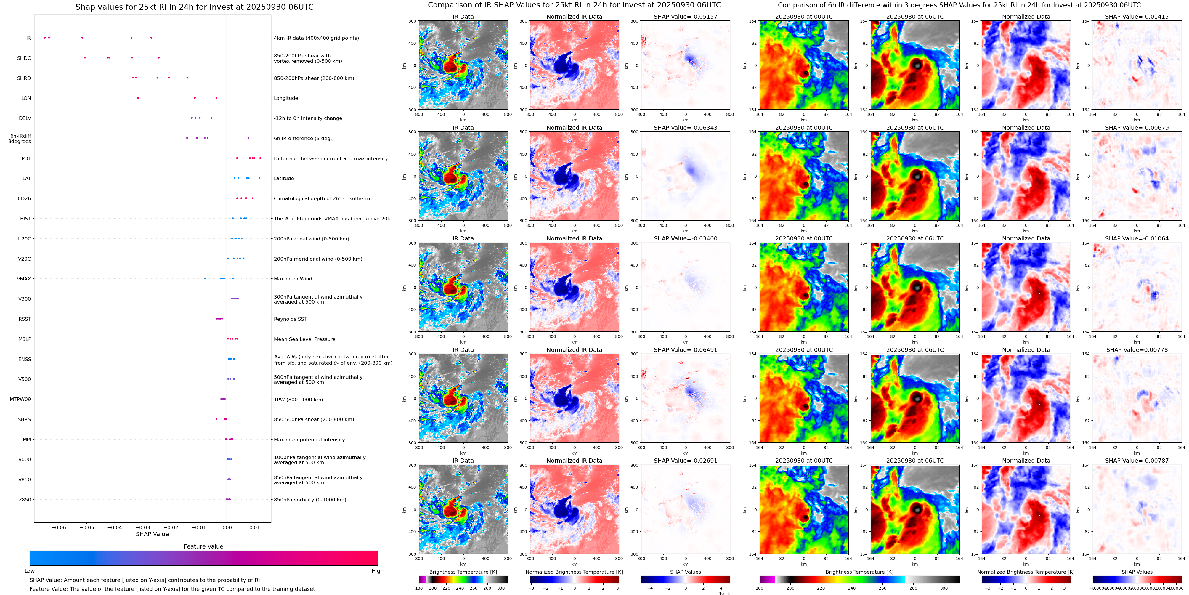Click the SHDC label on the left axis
(x=24, y=58)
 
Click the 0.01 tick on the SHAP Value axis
(x=255, y=527)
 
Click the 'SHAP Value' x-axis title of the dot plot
(x=152, y=534)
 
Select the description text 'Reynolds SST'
(x=290, y=319)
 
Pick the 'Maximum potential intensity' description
(x=309, y=440)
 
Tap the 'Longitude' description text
(x=286, y=98)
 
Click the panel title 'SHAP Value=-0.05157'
(x=686, y=17)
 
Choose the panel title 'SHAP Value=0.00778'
(x=1137, y=350)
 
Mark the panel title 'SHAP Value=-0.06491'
(x=686, y=350)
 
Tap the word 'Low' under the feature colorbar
(x=30, y=571)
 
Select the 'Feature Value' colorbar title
(x=203, y=546)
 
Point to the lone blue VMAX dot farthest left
(x=205, y=278)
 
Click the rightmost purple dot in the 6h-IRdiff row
(x=248, y=138)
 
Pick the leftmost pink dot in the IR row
(x=45, y=37)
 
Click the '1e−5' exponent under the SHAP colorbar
(x=724, y=593)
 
